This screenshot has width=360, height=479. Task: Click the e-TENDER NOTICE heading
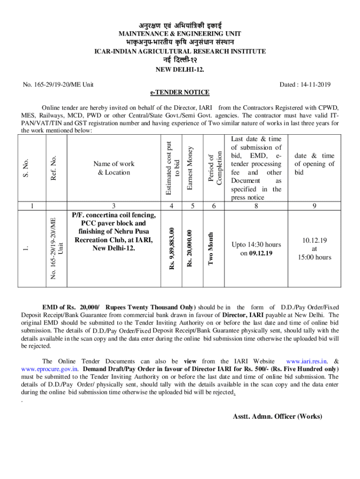[180, 92]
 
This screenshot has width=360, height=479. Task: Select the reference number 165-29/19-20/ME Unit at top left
[58, 84]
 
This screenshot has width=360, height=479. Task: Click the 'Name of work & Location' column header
[114, 168]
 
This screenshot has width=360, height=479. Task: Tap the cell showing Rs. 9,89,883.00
[173, 248]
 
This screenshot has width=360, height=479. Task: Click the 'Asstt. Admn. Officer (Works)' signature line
[277, 416]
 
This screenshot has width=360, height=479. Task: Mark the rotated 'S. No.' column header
[28, 168]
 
